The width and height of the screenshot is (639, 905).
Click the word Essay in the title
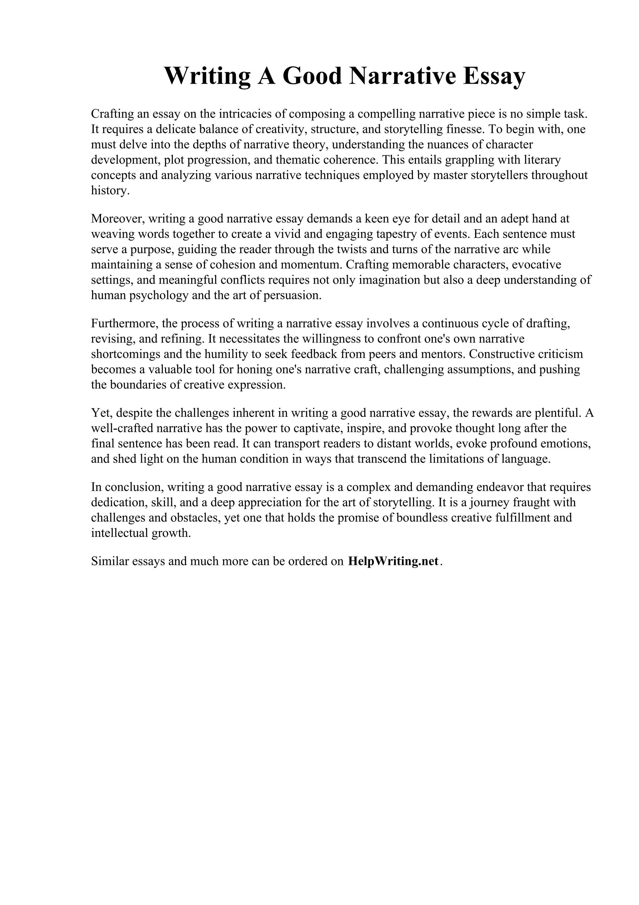point(494,76)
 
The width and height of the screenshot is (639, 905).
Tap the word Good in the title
point(312,76)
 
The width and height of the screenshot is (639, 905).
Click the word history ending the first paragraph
point(109,191)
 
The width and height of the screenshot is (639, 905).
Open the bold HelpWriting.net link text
point(393,561)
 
